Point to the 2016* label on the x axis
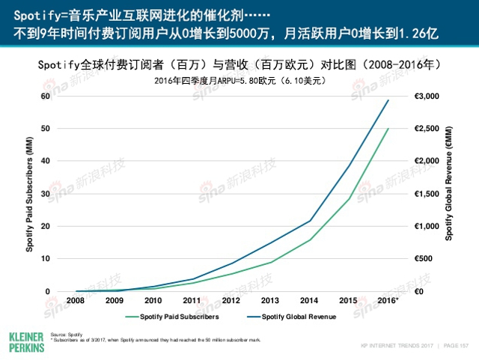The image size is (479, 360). (x=388, y=300)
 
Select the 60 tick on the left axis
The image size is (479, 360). (x=45, y=96)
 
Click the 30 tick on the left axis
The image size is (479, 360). (x=45, y=193)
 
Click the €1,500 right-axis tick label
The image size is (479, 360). (x=427, y=193)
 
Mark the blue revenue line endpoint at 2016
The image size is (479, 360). (x=388, y=100)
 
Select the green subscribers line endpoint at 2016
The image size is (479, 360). (x=388, y=129)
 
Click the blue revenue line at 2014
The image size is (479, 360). (x=310, y=221)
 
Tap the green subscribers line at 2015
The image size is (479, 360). (x=349, y=198)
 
